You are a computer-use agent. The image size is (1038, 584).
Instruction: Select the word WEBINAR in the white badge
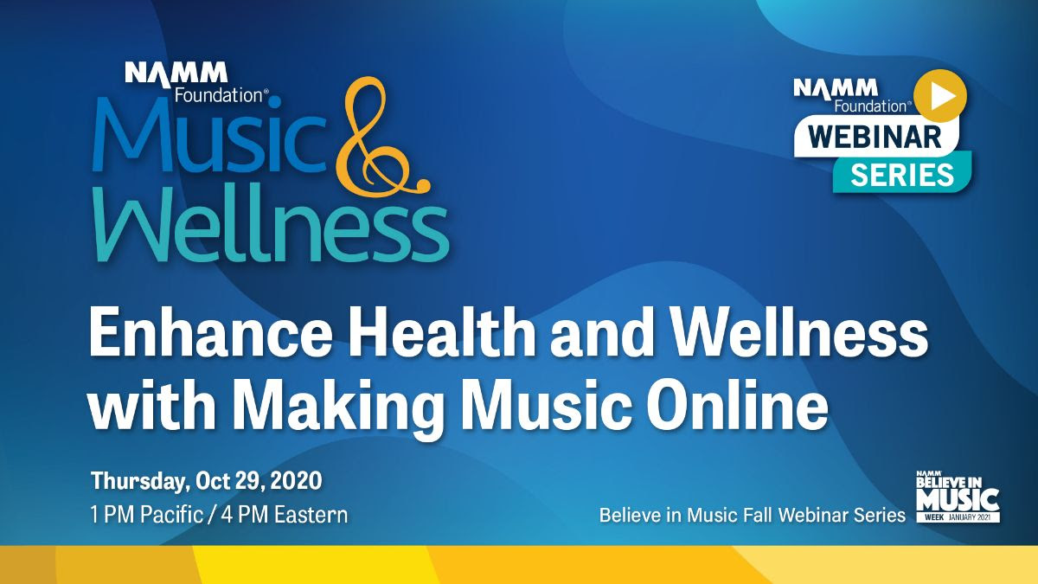coord(875,137)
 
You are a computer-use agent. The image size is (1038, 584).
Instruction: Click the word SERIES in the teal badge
coord(901,175)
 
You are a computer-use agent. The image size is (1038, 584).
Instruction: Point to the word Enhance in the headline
coord(210,333)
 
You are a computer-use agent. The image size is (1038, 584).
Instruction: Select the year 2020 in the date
coord(296,481)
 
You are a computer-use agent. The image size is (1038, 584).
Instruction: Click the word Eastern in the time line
coord(311,515)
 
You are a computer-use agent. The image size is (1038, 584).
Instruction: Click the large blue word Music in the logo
coord(209,134)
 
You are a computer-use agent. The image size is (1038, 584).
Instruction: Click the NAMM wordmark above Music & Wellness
coord(176,74)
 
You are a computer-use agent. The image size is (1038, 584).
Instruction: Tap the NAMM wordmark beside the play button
coord(836,88)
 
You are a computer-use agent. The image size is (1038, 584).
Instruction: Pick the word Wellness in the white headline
coord(800,333)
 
